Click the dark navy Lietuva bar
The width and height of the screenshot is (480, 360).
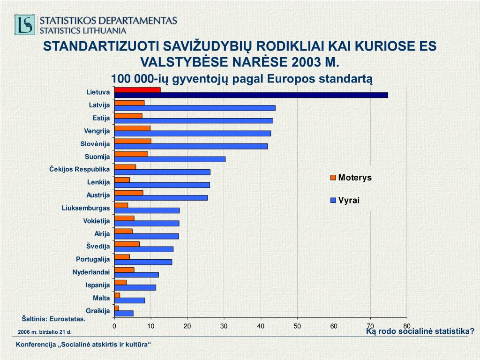251,95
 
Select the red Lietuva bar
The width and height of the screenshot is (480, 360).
137,90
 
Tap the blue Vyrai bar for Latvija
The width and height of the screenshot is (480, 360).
195,108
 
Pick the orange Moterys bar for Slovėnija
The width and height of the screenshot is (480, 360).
133,141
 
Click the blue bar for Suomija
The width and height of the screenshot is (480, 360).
170,159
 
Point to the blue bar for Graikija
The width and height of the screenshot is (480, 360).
124,313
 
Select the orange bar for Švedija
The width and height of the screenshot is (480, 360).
127,244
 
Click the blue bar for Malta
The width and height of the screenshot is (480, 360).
129,300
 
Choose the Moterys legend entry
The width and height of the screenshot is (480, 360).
351,178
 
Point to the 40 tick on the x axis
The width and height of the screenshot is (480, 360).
261,326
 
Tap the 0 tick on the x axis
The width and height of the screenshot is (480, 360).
114,326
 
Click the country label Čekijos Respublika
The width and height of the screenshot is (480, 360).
80,169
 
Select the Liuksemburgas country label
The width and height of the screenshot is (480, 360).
86,208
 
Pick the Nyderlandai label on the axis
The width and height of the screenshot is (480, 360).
91,272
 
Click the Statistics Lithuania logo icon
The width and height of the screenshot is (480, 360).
24,24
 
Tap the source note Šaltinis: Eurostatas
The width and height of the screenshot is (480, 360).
54,319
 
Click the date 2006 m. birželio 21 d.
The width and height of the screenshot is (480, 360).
45,332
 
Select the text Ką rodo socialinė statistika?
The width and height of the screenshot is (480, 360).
420,331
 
